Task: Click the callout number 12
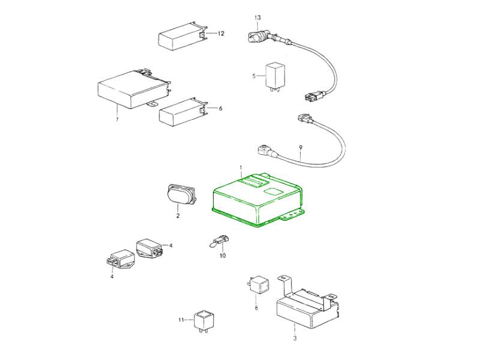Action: pyautogui.click(x=221, y=34)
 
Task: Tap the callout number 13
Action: pyautogui.click(x=258, y=17)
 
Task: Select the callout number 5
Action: pyautogui.click(x=254, y=76)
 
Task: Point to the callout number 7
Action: pyautogui.click(x=117, y=119)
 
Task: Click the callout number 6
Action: pyautogui.click(x=220, y=108)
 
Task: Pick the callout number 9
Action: pyautogui.click(x=301, y=148)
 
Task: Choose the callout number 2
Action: pyautogui.click(x=178, y=216)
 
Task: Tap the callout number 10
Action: pyautogui.click(x=223, y=255)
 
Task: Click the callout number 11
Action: pyautogui.click(x=181, y=320)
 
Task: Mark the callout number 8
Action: pyautogui.click(x=256, y=307)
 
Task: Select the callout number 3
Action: pyautogui.click(x=295, y=338)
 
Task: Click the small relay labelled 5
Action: pyautogui.click(x=275, y=76)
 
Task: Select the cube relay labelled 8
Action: pyautogui.click(x=259, y=284)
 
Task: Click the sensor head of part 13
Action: pyautogui.click(x=257, y=36)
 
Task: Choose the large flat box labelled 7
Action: pyautogui.click(x=134, y=89)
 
